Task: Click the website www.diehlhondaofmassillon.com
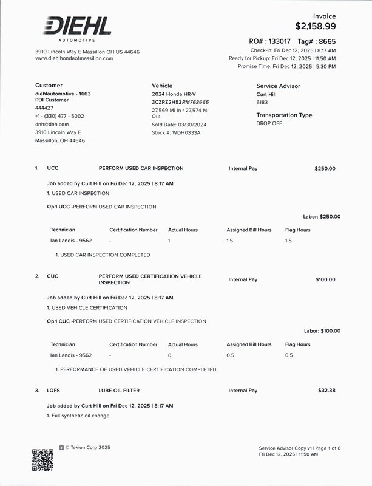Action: (x=74, y=58)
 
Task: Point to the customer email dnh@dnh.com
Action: (x=52, y=124)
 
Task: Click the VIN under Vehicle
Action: (x=180, y=102)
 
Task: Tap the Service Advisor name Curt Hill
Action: (x=266, y=95)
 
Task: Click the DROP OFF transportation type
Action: (x=270, y=123)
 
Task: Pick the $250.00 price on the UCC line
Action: (x=325, y=168)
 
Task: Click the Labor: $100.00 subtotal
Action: (x=322, y=331)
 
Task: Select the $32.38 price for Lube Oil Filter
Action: (x=326, y=390)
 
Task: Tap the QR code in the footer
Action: (x=42, y=460)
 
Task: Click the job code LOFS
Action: (x=53, y=390)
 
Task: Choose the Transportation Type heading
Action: (x=284, y=115)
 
